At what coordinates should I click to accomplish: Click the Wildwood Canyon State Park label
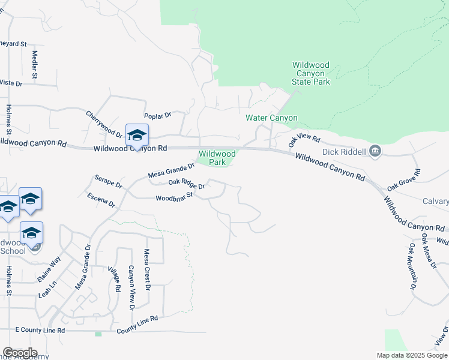[311, 73]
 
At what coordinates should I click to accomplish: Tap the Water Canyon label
[272, 118]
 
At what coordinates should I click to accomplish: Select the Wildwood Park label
[217, 158]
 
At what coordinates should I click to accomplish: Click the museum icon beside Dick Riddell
[376, 151]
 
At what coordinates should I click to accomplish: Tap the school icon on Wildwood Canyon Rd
[137, 134]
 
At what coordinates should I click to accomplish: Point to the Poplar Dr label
[158, 115]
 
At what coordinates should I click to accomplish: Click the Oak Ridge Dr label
[187, 184]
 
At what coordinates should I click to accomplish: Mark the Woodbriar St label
[173, 197]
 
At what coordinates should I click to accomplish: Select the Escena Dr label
[101, 200]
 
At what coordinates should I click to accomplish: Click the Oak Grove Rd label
[404, 181]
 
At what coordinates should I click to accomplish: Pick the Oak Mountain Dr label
[412, 266]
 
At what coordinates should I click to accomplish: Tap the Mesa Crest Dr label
[146, 269]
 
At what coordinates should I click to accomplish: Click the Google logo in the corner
[20, 353]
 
